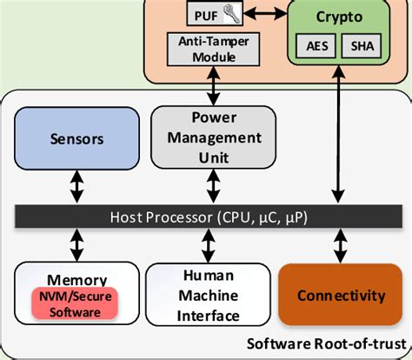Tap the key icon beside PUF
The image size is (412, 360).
tap(229, 14)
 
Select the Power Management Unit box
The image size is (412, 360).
tap(208, 136)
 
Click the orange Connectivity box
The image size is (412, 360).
tap(341, 296)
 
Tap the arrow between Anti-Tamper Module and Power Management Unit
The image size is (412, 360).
tap(209, 87)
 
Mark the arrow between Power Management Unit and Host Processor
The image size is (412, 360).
tap(209, 185)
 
